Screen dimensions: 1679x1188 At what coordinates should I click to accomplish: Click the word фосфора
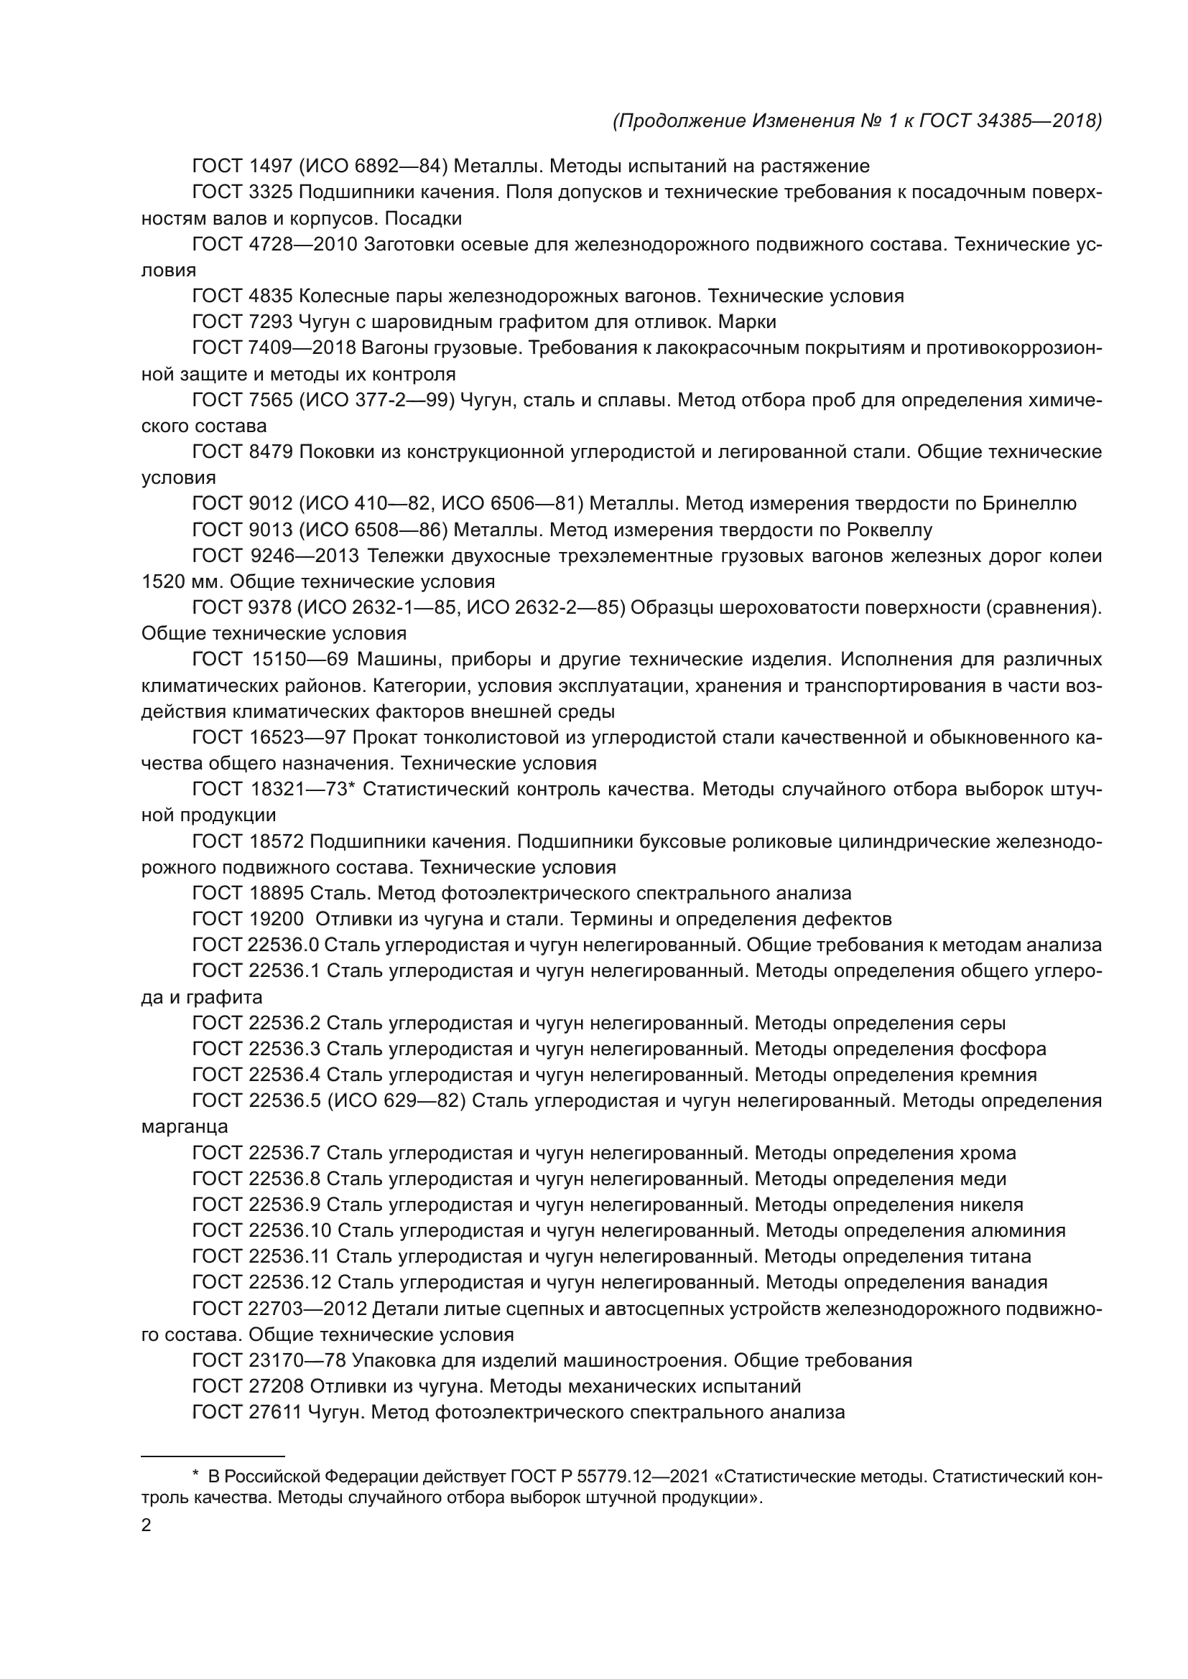click(x=1002, y=1049)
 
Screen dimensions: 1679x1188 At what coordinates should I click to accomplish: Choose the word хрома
click(x=988, y=1154)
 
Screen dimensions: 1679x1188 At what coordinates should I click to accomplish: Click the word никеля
click(x=990, y=1205)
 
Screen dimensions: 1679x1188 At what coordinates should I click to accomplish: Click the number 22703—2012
click(x=311, y=1309)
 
